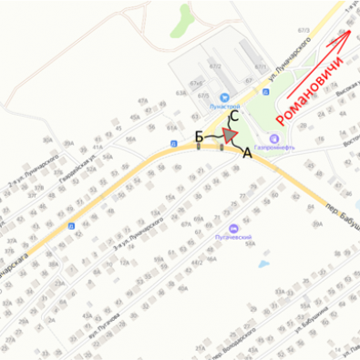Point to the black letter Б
click(200, 137)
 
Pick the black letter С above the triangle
click(233, 116)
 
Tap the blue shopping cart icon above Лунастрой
click(223, 96)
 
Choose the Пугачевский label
click(233, 239)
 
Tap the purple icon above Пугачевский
click(233, 228)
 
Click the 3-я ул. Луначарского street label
click(136, 234)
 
